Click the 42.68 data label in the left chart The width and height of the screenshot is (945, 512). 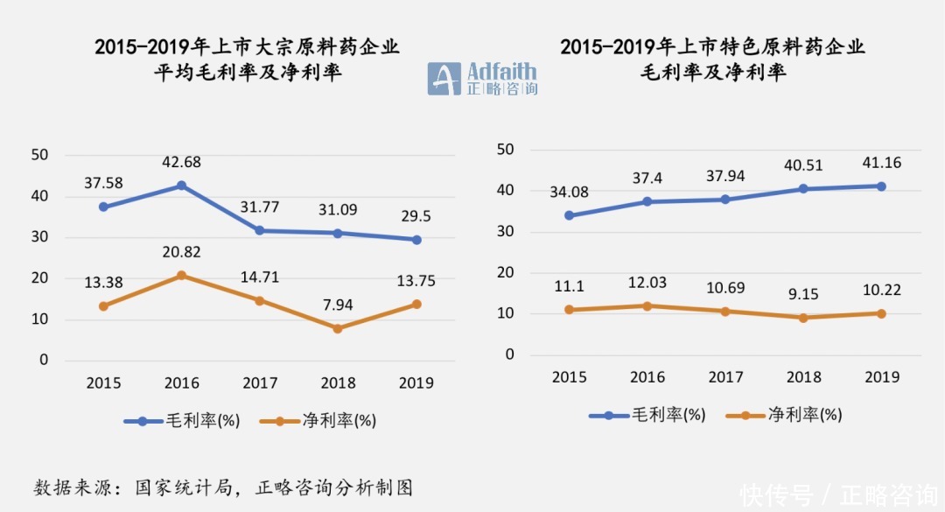tap(181, 162)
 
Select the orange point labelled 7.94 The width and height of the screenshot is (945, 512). tap(337, 328)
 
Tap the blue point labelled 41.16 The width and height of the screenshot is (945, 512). tap(881, 186)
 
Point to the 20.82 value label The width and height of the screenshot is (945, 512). tap(181, 252)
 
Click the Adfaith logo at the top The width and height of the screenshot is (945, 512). tap(482, 79)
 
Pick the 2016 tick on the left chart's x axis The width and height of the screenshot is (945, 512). tap(181, 382)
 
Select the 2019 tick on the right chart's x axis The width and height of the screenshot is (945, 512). tap(881, 376)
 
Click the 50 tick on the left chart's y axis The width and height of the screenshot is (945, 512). tap(39, 155)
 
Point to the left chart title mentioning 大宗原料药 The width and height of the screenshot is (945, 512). tap(248, 60)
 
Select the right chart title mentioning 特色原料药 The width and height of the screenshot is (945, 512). tap(712, 59)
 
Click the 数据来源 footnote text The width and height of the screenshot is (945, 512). tap(223, 487)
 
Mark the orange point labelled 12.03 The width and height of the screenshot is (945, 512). tap(647, 306)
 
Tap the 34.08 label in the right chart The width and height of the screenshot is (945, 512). tap(570, 193)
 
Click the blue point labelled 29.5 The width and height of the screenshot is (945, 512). tap(416, 240)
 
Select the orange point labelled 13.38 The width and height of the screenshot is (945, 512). tap(103, 306)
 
